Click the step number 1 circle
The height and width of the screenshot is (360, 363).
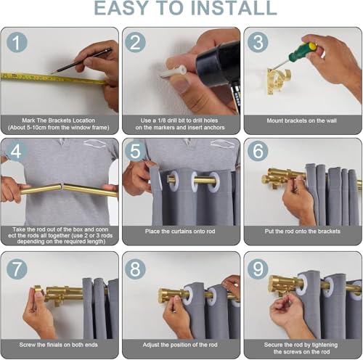17,42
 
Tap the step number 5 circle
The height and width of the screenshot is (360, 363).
135,151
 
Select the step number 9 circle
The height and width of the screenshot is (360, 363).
258,269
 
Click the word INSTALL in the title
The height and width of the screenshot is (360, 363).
234,8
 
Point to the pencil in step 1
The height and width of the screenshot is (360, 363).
81,61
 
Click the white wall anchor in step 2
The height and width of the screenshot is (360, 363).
174,71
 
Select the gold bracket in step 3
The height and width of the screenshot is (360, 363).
277,81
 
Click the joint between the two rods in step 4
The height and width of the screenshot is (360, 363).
62,187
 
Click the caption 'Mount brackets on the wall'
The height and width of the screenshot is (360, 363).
301,120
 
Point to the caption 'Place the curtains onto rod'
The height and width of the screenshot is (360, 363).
180,232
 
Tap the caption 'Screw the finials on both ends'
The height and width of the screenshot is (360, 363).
59,345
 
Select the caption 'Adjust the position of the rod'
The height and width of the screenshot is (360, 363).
180,345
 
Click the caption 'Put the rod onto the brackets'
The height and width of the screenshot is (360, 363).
302,232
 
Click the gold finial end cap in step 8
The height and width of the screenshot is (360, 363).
165,295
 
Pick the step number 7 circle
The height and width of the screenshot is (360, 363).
17,269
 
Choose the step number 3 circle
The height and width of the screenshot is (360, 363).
258,42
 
